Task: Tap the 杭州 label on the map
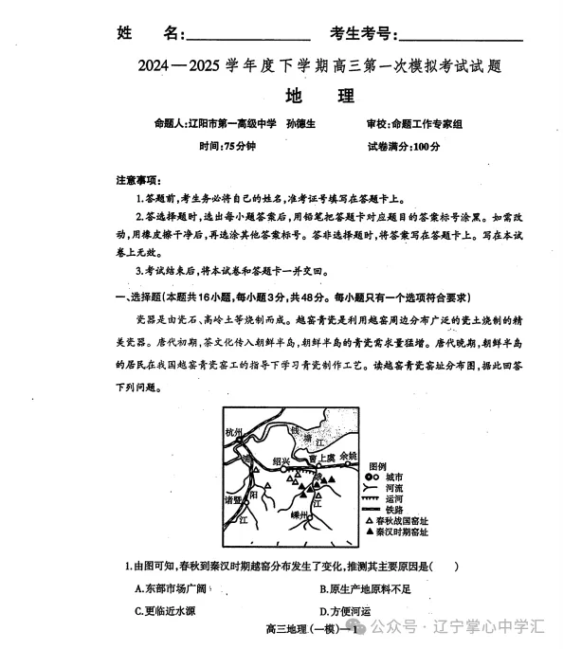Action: click(235, 433)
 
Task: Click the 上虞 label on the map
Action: click(323, 457)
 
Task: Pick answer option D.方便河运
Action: click(350, 610)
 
